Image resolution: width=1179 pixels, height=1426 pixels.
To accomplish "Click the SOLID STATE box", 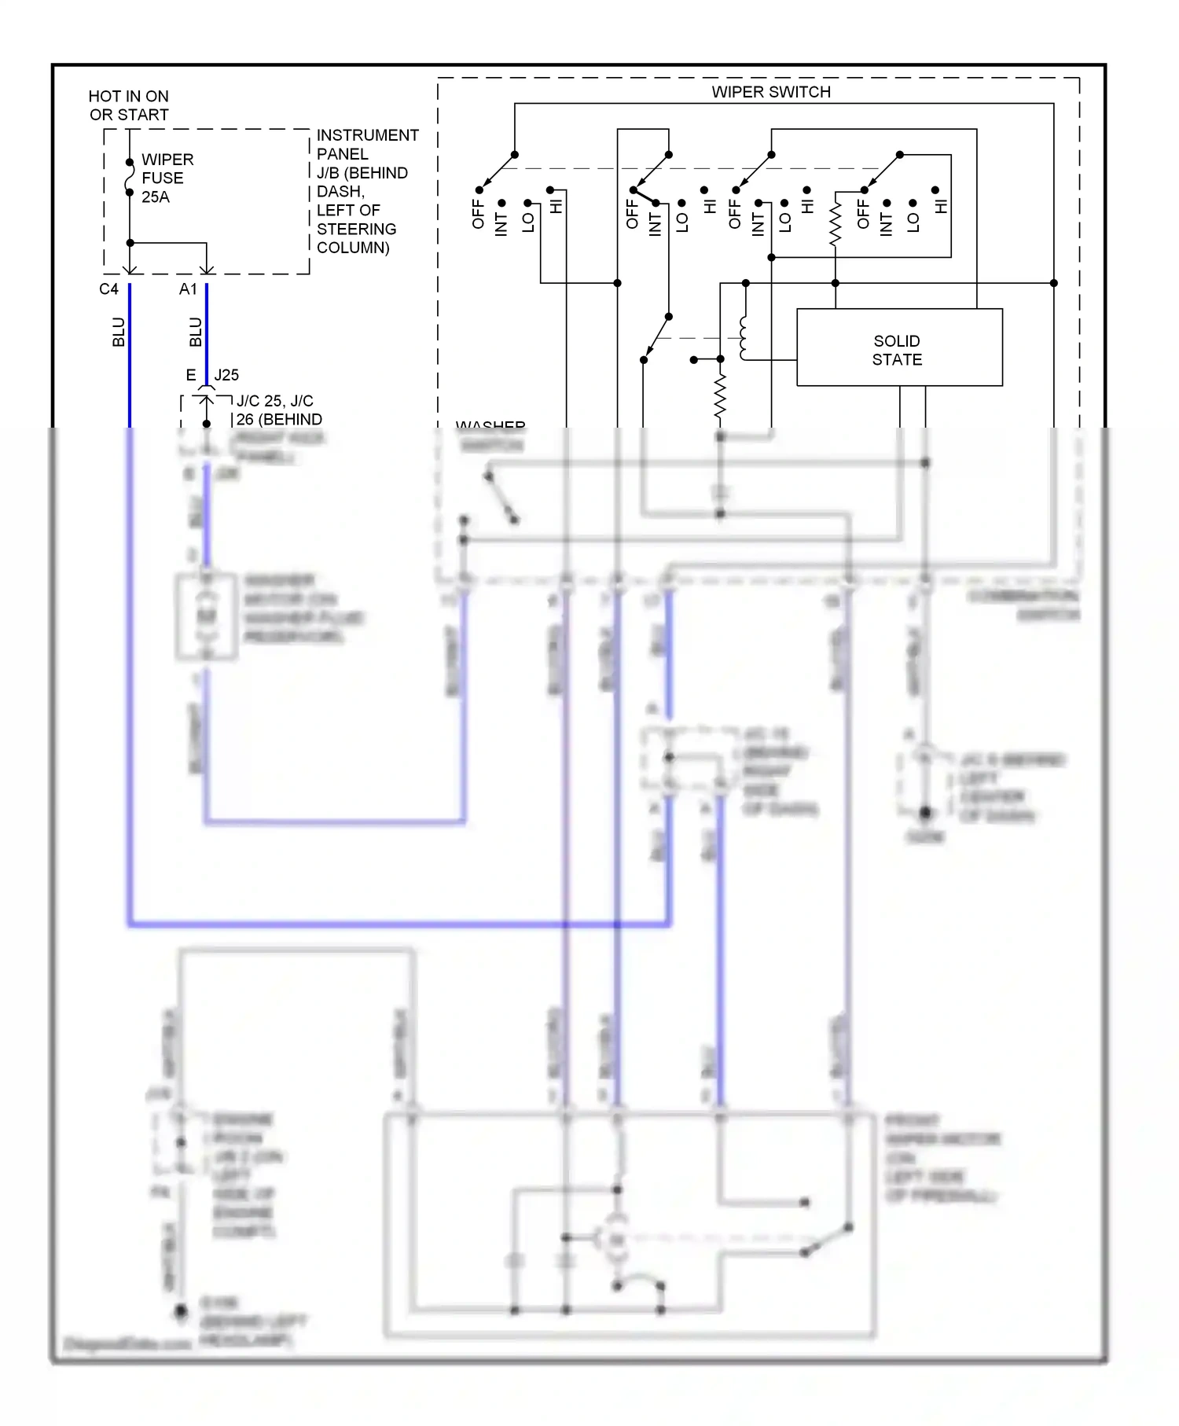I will click(899, 347).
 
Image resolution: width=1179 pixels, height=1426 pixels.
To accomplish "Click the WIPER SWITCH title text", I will click(770, 92).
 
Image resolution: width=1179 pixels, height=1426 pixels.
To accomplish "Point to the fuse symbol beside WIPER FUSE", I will click(130, 177).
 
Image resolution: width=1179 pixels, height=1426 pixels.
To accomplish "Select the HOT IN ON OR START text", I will click(128, 105).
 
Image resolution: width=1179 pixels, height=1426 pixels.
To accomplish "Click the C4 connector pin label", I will click(108, 289).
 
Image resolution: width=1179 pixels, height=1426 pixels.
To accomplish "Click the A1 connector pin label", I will click(188, 289).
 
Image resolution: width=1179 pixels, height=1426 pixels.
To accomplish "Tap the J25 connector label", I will click(226, 375).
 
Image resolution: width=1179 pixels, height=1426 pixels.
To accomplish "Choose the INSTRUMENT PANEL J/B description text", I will click(366, 191).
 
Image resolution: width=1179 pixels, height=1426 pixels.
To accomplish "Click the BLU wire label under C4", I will click(119, 332).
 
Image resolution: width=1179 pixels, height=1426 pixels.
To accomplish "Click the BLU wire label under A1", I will click(196, 332).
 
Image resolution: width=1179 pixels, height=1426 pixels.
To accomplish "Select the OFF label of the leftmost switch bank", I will click(478, 214).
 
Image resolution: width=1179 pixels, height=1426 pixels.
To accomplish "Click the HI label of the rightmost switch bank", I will click(942, 207).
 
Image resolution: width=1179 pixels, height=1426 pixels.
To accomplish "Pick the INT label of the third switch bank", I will click(758, 224).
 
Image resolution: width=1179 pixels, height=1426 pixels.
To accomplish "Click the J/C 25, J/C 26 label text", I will click(277, 410).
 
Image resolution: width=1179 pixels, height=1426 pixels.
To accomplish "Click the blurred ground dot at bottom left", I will click(181, 1311).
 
